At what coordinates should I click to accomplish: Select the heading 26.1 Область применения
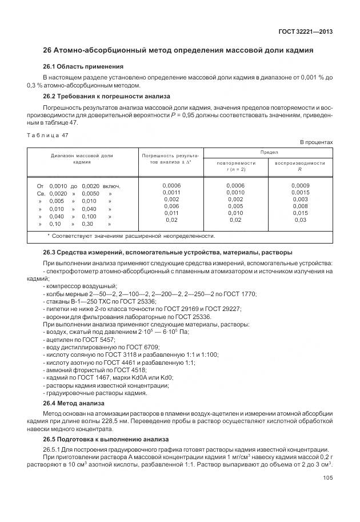pyautogui.click(x=83, y=66)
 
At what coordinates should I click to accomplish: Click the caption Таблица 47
pyautogui.click(x=48, y=135)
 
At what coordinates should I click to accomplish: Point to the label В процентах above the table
pyautogui.click(x=317, y=142)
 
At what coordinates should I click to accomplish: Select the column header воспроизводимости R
pyautogui.click(x=300, y=166)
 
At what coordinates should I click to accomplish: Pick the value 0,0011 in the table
pyautogui.click(x=171, y=193)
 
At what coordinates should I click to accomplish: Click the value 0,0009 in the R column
pyautogui.click(x=300, y=186)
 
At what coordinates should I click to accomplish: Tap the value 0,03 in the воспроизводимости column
pyautogui.click(x=300, y=220)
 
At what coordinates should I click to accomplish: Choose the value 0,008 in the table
pyautogui.click(x=300, y=206)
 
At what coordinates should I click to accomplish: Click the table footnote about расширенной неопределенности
pyautogui.click(x=131, y=236)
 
